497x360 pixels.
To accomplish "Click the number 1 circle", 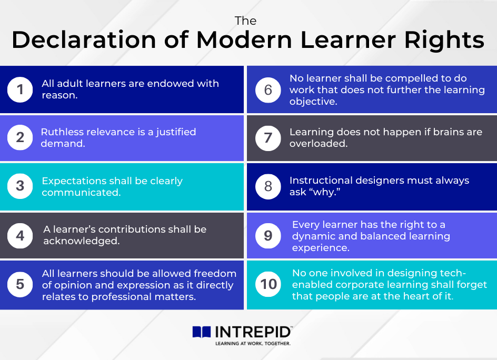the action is pos(20,89).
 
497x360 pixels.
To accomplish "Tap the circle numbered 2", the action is pos(20,137).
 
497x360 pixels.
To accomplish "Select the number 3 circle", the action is pos(20,186).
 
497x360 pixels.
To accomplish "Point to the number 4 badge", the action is pos(20,235).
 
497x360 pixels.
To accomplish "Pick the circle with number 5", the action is pos(20,284).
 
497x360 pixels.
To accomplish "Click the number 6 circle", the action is pos(268,90).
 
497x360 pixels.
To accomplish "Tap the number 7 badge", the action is pos(268,138).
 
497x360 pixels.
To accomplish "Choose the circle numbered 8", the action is pos(268,186).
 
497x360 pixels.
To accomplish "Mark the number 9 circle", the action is pos(268,235).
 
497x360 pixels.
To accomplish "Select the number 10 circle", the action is pos(269,284).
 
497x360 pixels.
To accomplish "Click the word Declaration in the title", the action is pos(84,39).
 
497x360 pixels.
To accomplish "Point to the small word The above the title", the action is pos(246,21).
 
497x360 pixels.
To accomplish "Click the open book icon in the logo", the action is pos(202,332).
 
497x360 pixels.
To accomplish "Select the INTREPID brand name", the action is pos(253,332).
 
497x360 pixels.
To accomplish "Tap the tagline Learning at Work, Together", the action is pos(253,344).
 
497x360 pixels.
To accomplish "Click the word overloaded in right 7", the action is pos(319,144).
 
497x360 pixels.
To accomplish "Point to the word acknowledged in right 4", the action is pos(82,241).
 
